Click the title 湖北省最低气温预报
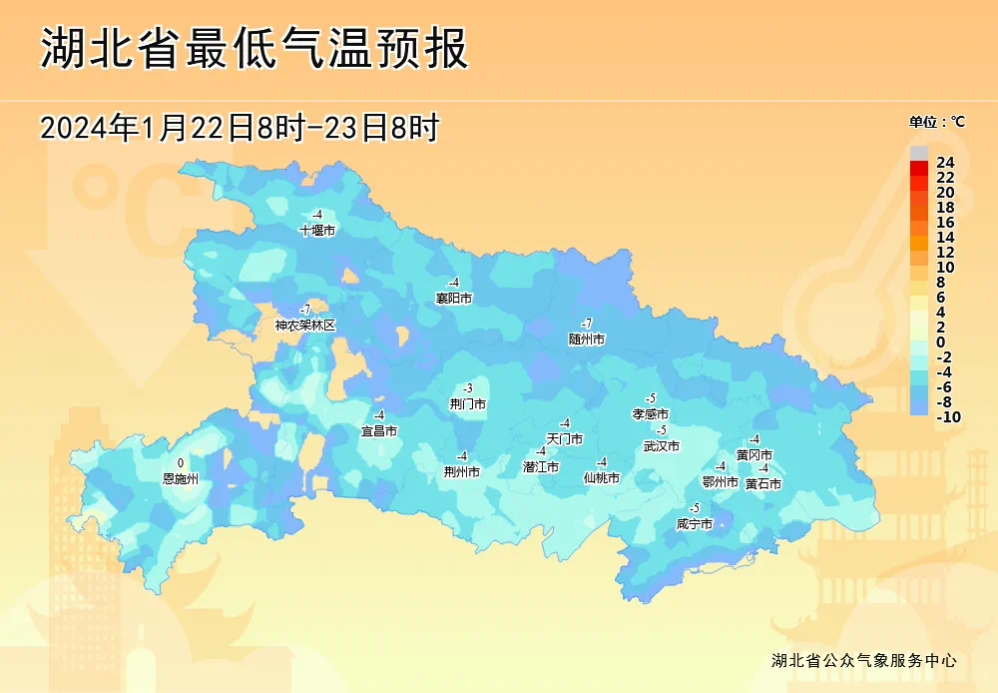tap(253, 48)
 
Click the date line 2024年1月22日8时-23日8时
tap(240, 128)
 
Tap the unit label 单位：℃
tap(936, 122)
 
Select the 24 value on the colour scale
tap(945, 163)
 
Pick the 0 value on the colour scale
tap(940, 343)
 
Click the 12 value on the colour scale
tap(945, 253)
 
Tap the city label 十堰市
tap(317, 230)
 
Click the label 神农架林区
tap(305, 326)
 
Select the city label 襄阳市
tap(453, 298)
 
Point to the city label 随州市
tap(587, 340)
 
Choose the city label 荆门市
tap(467, 404)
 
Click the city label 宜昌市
tap(379, 431)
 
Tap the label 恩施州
tap(181, 479)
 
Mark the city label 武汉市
tap(661, 446)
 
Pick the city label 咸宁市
tap(694, 524)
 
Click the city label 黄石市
tap(762, 484)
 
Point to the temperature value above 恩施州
tap(181, 463)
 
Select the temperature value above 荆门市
tap(467, 388)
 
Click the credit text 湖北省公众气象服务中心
tap(864, 661)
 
